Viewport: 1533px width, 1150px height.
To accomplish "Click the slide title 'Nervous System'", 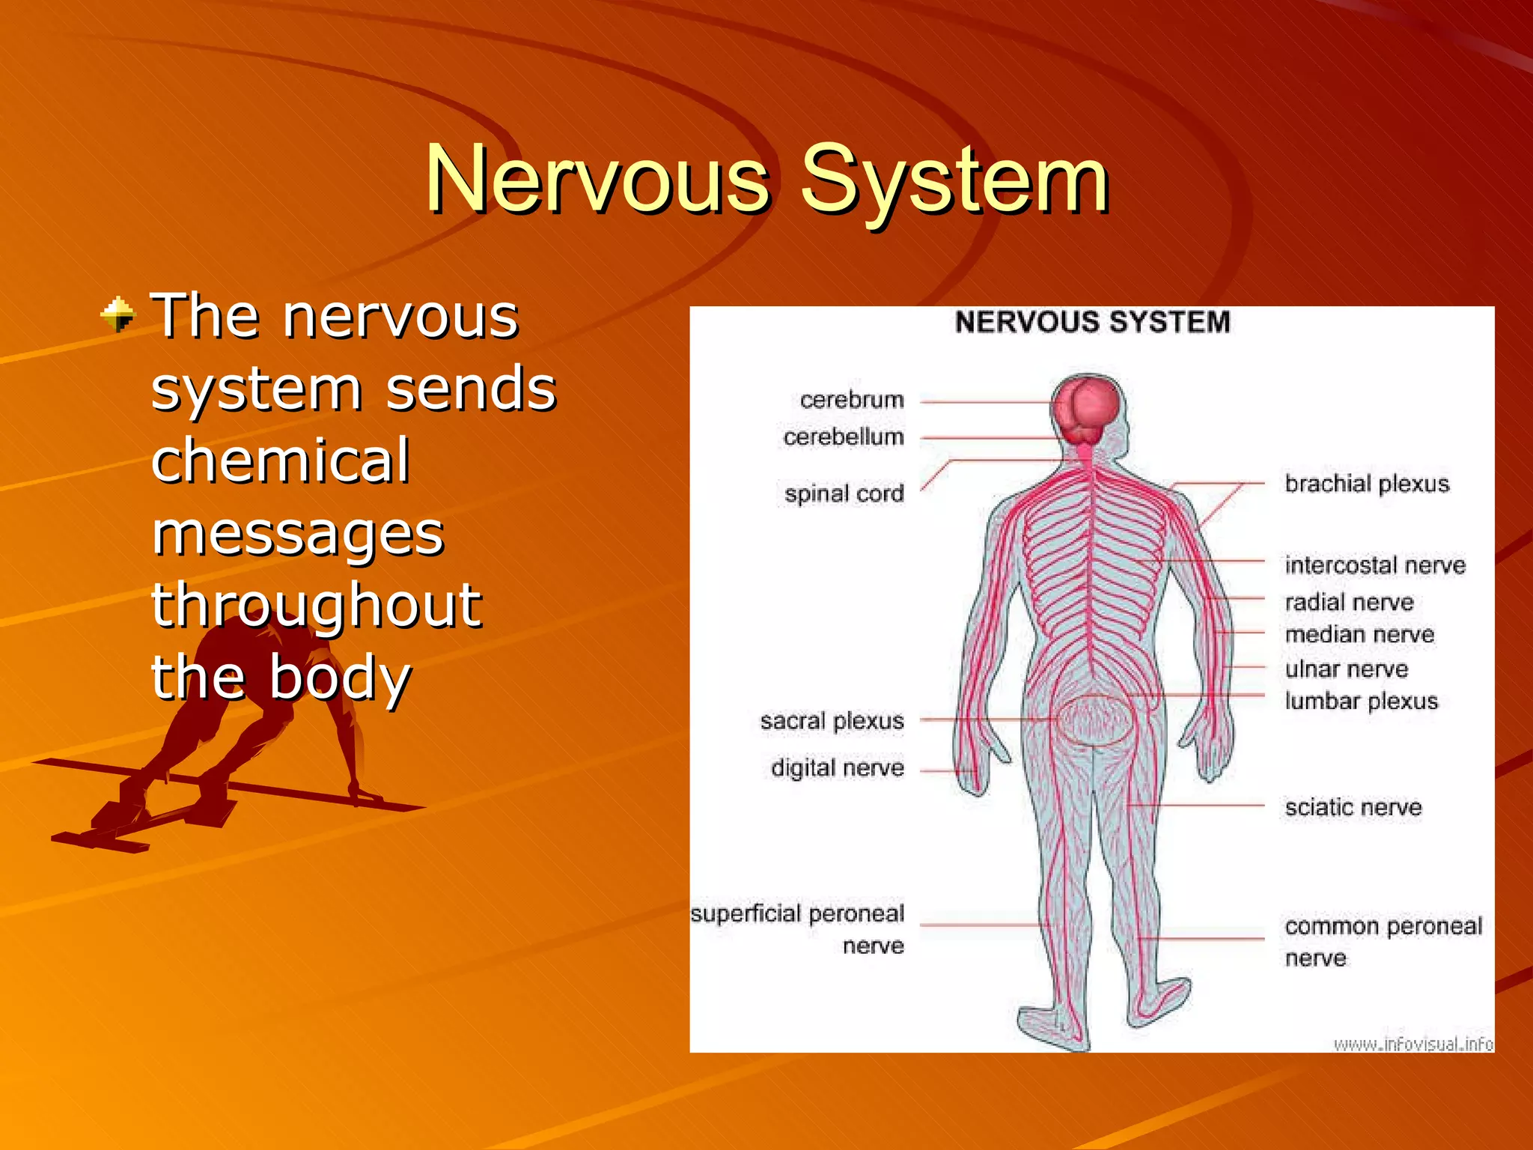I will coord(766,180).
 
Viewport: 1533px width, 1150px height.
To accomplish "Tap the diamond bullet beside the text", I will coord(118,314).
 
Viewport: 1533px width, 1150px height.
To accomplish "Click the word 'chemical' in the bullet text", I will coord(280,460).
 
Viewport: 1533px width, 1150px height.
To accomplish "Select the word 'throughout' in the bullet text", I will coord(317,605).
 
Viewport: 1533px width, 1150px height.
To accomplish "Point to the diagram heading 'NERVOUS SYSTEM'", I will coord(1092,323).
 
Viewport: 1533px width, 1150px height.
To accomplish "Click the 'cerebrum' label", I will coord(852,400).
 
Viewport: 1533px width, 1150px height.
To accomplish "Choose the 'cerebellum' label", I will coord(844,436).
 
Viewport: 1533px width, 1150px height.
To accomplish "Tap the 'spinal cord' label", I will coord(844,494).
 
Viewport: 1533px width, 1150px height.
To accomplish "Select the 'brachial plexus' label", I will coord(1367,484).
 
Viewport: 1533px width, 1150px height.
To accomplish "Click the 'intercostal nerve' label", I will coord(1375,565).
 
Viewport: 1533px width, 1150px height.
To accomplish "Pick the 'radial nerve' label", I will coord(1349,603).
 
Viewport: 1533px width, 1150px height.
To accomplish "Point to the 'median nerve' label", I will coord(1359,635).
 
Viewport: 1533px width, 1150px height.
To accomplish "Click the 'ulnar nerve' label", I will coord(1347,669).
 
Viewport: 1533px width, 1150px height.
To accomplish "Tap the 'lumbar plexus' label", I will coord(1362,702).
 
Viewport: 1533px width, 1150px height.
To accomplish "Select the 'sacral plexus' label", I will coord(832,721).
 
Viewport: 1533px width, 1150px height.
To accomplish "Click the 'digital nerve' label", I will coord(837,768).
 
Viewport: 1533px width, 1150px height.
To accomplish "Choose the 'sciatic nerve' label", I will coord(1353,807).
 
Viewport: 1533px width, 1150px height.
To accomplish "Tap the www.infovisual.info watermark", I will coord(1412,1044).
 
